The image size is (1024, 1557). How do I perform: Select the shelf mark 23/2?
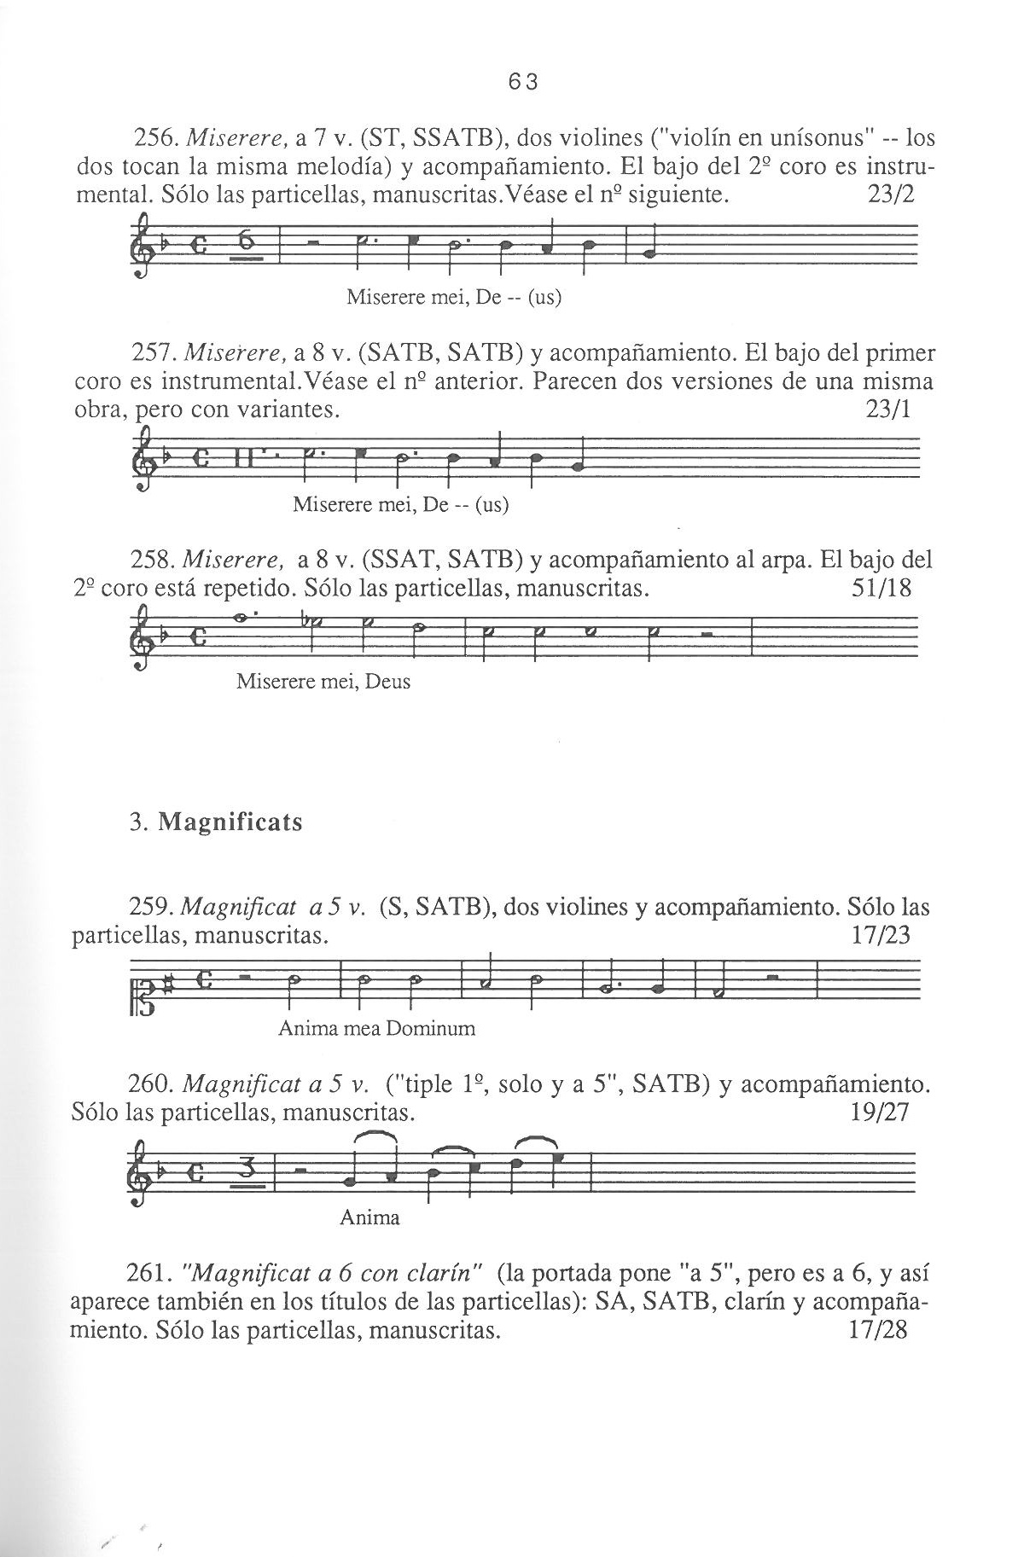tap(889, 195)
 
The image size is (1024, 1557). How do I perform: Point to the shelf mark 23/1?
tap(888, 410)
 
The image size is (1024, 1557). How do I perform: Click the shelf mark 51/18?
tap(881, 589)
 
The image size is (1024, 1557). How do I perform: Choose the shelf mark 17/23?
tap(881, 936)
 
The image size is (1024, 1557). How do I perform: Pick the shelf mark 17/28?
tap(879, 1330)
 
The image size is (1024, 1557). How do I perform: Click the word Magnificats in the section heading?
tap(230, 823)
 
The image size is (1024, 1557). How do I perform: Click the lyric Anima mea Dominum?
tap(376, 1028)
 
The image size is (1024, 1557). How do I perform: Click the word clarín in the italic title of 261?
tap(446, 1275)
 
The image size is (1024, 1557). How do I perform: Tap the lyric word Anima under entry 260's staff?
tap(369, 1217)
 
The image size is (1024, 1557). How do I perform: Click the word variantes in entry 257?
tap(282, 410)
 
